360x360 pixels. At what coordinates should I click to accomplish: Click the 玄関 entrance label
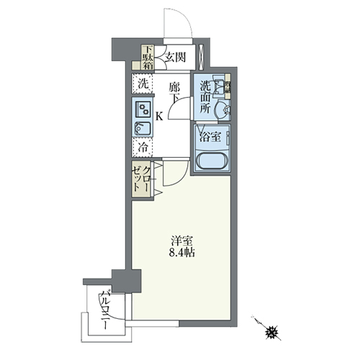(x=176, y=58)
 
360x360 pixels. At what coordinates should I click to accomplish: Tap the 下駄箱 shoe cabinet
(x=148, y=57)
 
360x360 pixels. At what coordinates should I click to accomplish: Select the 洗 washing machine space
(x=143, y=84)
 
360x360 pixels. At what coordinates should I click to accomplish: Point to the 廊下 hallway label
(x=174, y=92)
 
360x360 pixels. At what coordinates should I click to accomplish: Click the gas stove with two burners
(x=143, y=109)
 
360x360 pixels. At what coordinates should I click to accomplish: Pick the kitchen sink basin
(x=143, y=129)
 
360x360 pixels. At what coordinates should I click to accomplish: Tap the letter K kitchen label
(x=159, y=117)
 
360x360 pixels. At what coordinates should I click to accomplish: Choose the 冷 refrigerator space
(x=143, y=148)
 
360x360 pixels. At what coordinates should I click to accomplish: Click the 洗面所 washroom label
(x=205, y=97)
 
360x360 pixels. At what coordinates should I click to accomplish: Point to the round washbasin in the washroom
(x=224, y=110)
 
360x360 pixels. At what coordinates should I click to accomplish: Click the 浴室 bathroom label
(x=210, y=137)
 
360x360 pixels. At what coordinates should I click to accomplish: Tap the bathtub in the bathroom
(x=212, y=161)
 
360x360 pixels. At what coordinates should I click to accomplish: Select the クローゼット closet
(x=141, y=179)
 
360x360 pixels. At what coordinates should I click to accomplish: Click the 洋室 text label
(x=182, y=241)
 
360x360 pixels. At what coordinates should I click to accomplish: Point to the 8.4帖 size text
(x=181, y=253)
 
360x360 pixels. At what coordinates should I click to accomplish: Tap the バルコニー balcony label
(x=106, y=310)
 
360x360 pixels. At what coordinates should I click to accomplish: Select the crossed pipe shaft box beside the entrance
(x=201, y=57)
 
